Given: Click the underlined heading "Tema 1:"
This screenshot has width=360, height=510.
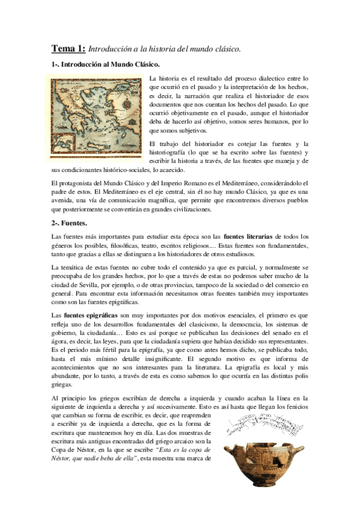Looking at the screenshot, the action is pos(67,49).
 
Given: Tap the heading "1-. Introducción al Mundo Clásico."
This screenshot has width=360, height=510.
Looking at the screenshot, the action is pos(105,63).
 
